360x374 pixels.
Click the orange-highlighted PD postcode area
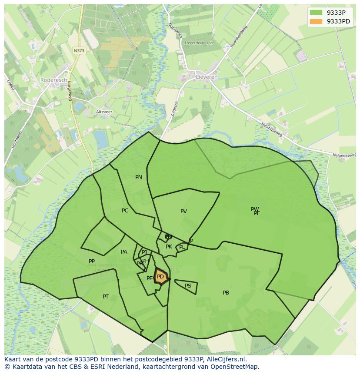click(160, 277)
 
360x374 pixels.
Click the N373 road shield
click(79, 50)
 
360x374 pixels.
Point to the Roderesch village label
click(53, 80)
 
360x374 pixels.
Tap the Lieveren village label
click(207, 77)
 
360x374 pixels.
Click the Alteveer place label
click(104, 112)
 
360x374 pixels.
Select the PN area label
click(139, 177)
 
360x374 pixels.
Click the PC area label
click(125, 211)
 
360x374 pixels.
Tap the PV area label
click(183, 212)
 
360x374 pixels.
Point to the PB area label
click(226, 293)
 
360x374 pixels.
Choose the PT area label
click(106, 297)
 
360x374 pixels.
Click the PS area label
click(188, 286)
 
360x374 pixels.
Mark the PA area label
click(124, 252)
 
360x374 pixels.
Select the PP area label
click(92, 261)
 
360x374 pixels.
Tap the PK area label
click(169, 247)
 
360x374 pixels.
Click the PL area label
click(182, 247)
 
